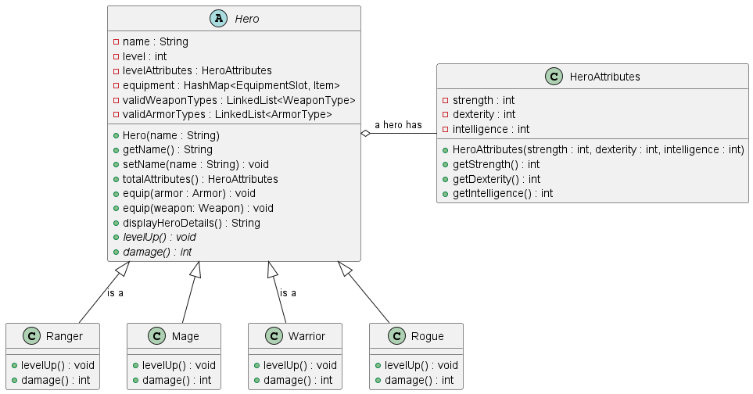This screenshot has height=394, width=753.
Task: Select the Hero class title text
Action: click(x=246, y=19)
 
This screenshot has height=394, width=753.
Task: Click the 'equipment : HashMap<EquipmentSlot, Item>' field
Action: click(x=231, y=85)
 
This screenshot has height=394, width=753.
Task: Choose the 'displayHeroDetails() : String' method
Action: click(x=191, y=223)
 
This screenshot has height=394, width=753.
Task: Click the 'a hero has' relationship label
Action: click(x=398, y=125)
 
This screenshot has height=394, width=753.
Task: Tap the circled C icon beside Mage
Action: click(x=156, y=336)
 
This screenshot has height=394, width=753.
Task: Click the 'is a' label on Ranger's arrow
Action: click(x=115, y=293)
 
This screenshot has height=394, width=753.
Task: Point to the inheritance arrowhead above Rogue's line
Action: click(x=345, y=269)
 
